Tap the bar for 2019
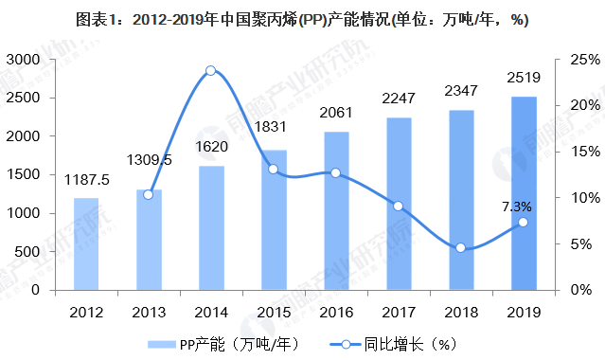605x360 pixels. tap(524, 193)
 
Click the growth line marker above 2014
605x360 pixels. tap(210, 70)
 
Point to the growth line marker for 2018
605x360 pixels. tap(460, 247)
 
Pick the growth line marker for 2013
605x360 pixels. tap(148, 194)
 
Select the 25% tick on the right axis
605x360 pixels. tap(579, 60)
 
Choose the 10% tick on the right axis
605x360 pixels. tap(579, 198)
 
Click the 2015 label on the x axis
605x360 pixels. tap(273, 312)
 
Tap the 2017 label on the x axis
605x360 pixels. tap(398, 312)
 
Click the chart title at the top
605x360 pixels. tap(302, 19)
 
